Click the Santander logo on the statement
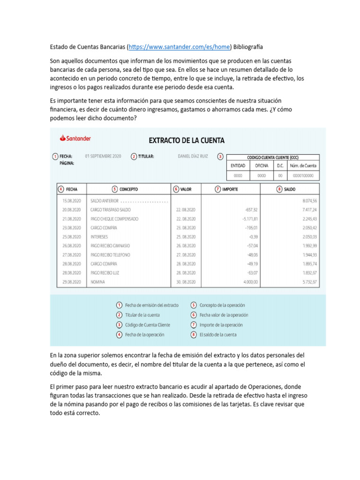click(x=75, y=138)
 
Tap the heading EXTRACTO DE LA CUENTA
click(x=187, y=140)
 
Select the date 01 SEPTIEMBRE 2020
click(x=103, y=156)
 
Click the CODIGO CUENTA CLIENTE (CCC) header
click(x=272, y=157)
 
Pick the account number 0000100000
click(x=303, y=175)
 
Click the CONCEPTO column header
click(x=128, y=189)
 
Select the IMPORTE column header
click(x=230, y=189)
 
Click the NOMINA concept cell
click(x=98, y=282)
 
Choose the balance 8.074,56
click(x=309, y=201)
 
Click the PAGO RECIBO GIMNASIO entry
click(x=110, y=246)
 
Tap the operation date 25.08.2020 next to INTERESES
click(x=72, y=237)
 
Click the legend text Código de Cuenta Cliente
click(x=148, y=325)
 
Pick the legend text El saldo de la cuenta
click(x=218, y=335)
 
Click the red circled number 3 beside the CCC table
click(x=220, y=157)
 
